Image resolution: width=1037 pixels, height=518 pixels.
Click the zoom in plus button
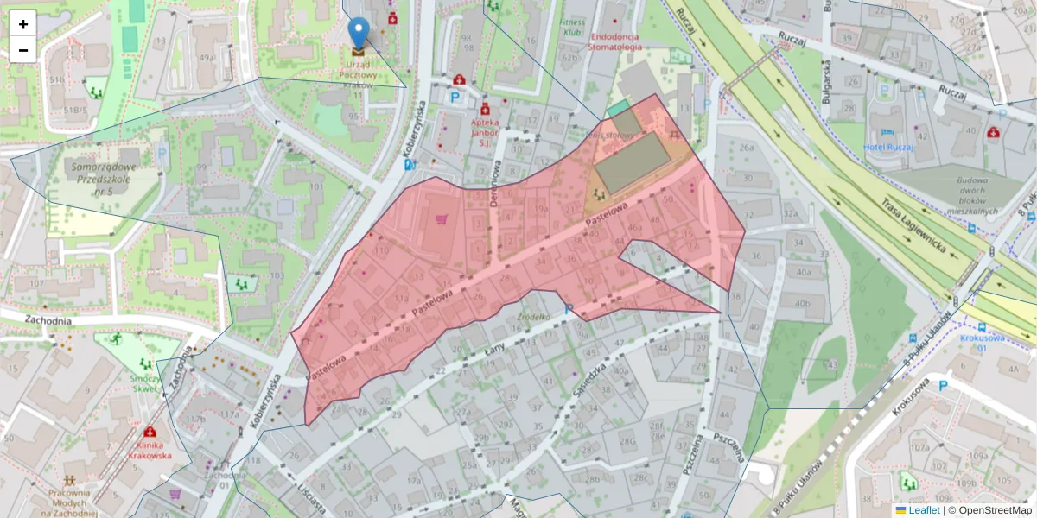coord(23,24)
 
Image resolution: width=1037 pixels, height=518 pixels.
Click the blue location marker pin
coord(358,34)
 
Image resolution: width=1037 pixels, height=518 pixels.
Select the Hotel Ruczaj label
coord(888,147)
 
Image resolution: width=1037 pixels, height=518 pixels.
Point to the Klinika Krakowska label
coord(150,450)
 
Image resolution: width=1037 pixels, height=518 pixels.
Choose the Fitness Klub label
coord(572,27)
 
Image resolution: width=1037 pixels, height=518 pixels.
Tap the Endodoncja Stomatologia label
coord(617,41)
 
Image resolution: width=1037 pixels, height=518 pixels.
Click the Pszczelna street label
coord(731,447)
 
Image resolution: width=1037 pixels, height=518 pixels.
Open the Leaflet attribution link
coord(923,510)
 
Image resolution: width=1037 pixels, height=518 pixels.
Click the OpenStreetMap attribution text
coord(989,510)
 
